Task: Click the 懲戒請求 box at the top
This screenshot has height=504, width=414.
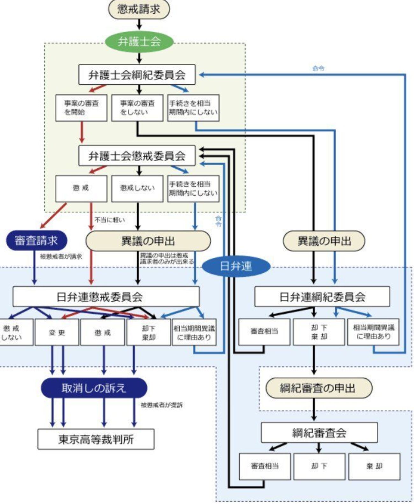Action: point(139,9)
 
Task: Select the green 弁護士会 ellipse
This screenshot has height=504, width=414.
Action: point(139,42)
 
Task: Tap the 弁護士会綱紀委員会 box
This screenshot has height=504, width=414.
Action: point(137,75)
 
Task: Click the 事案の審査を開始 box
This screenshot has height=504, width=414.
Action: point(81,108)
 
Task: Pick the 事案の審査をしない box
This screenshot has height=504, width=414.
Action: point(137,108)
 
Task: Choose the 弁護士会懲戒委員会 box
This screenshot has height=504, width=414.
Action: point(137,156)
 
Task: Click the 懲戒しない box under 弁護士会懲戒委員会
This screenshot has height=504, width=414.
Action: point(137,188)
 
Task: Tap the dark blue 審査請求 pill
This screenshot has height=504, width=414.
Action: point(36,241)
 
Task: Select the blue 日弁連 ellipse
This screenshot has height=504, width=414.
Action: point(236,266)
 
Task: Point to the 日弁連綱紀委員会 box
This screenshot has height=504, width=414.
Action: point(322,297)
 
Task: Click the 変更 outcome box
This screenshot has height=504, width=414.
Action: point(57,332)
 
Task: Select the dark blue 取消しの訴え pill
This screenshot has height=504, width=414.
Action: point(94,388)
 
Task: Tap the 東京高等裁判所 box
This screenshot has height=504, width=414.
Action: point(96,439)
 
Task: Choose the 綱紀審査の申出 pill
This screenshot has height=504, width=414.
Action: point(319,388)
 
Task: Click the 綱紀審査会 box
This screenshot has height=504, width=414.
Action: point(319,432)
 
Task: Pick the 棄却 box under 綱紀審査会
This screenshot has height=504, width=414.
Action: point(374,466)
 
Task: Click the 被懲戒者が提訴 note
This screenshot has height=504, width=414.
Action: point(162,405)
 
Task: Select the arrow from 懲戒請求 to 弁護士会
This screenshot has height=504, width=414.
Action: point(139,25)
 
